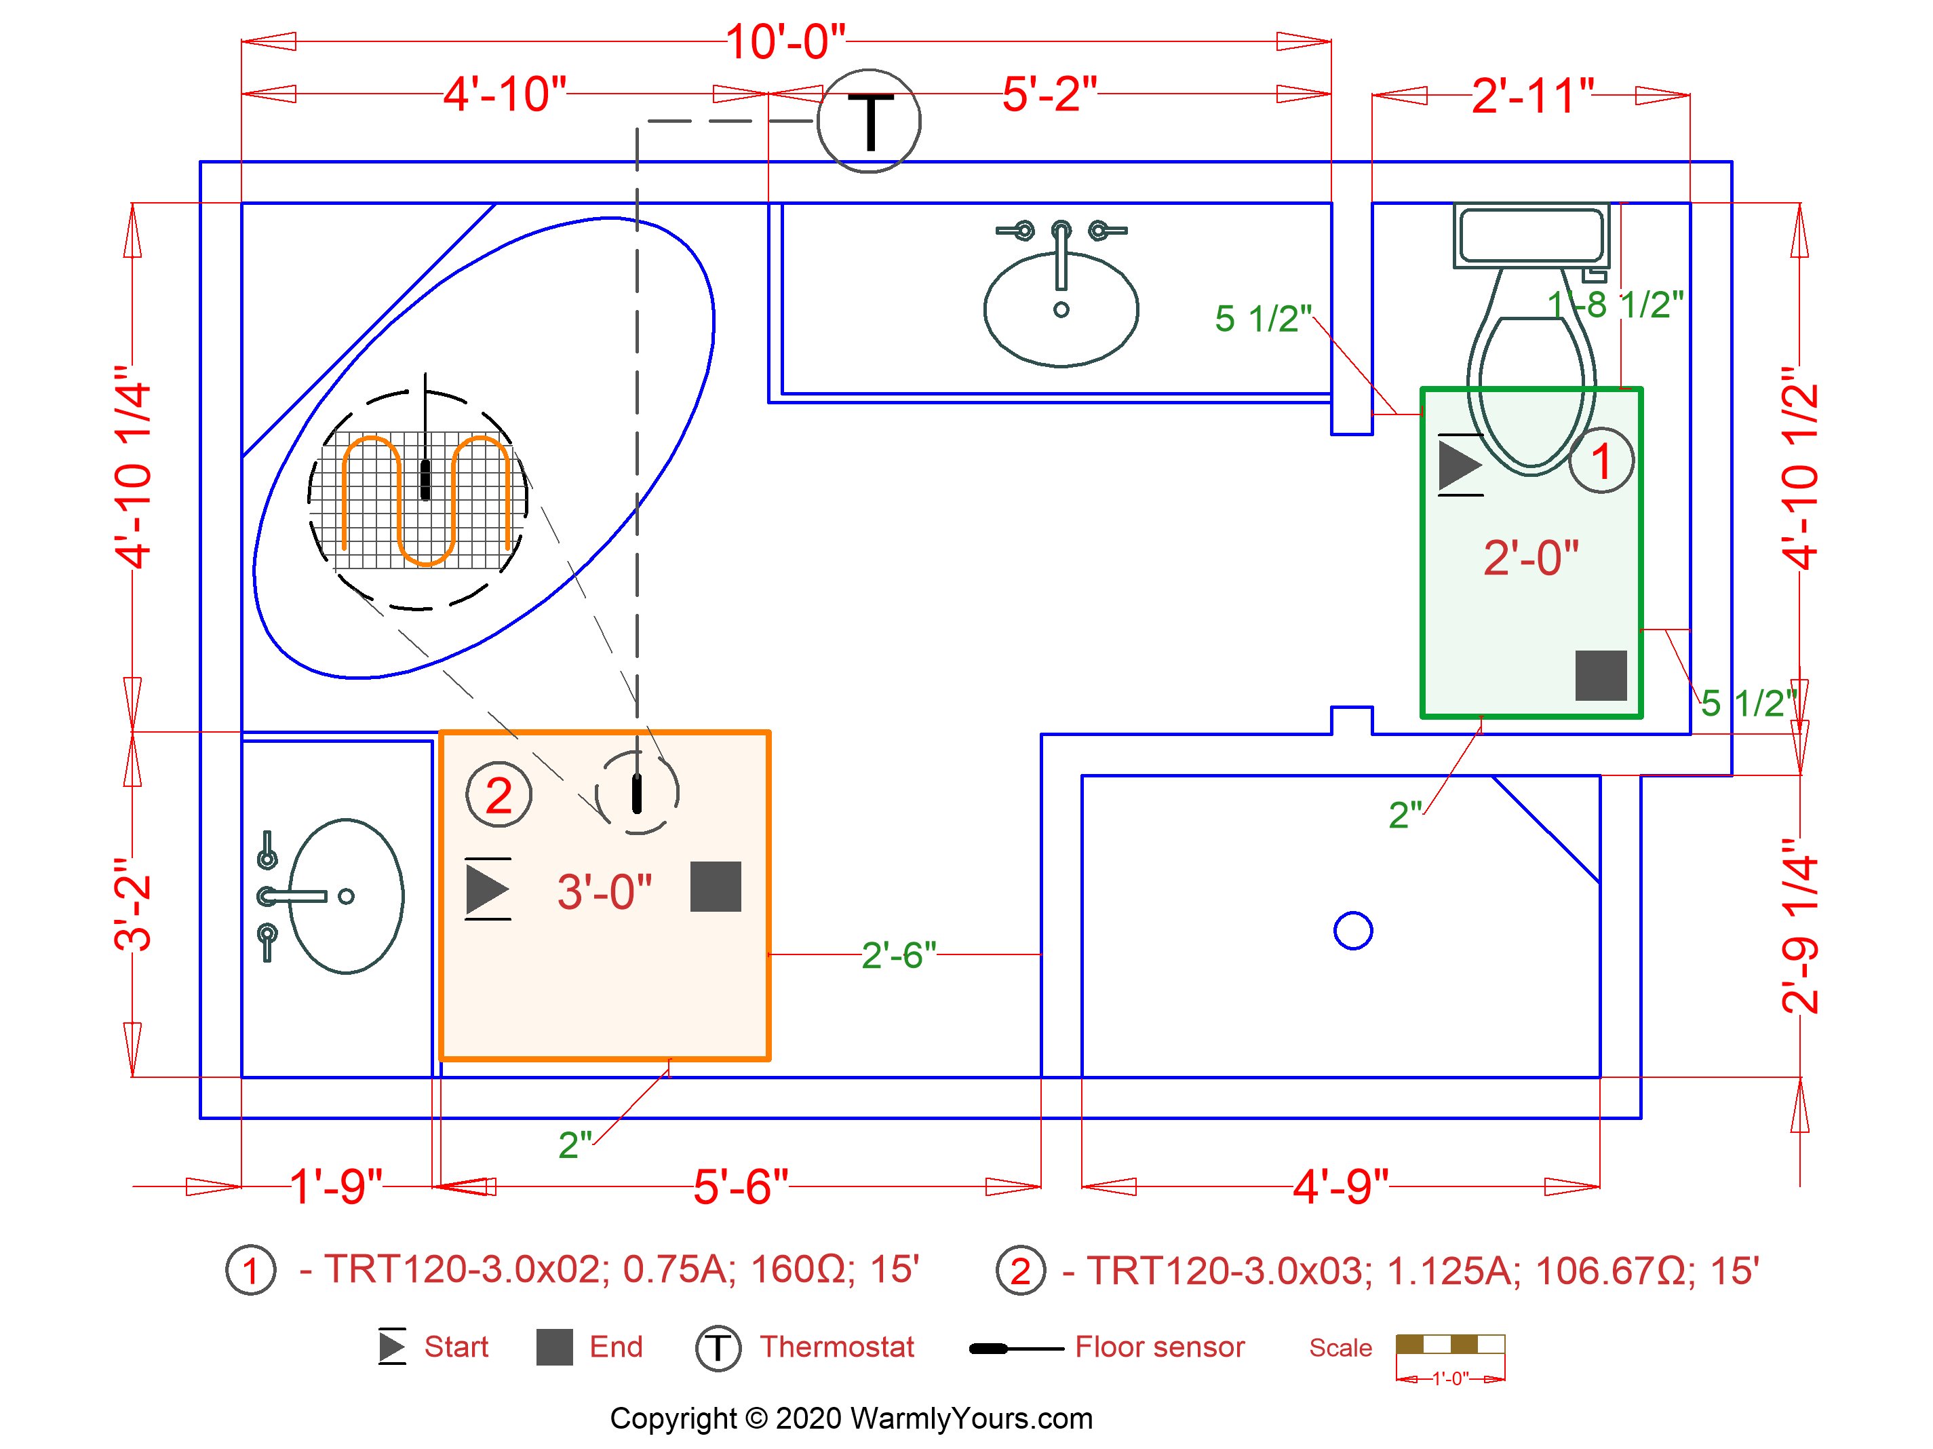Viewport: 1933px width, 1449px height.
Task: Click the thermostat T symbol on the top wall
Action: pyautogui.click(x=869, y=121)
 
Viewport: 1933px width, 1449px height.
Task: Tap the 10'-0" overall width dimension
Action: pyautogui.click(x=785, y=42)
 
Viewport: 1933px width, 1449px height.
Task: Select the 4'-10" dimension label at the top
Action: pyautogui.click(x=505, y=94)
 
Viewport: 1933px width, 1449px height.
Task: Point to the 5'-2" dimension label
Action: pyautogui.click(x=1049, y=94)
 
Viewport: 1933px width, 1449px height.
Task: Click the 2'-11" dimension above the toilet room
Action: pyautogui.click(x=1533, y=96)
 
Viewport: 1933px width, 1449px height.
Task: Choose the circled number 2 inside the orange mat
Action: pyautogui.click(x=499, y=795)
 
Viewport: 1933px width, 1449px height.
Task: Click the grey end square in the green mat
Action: pyautogui.click(x=1601, y=676)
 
